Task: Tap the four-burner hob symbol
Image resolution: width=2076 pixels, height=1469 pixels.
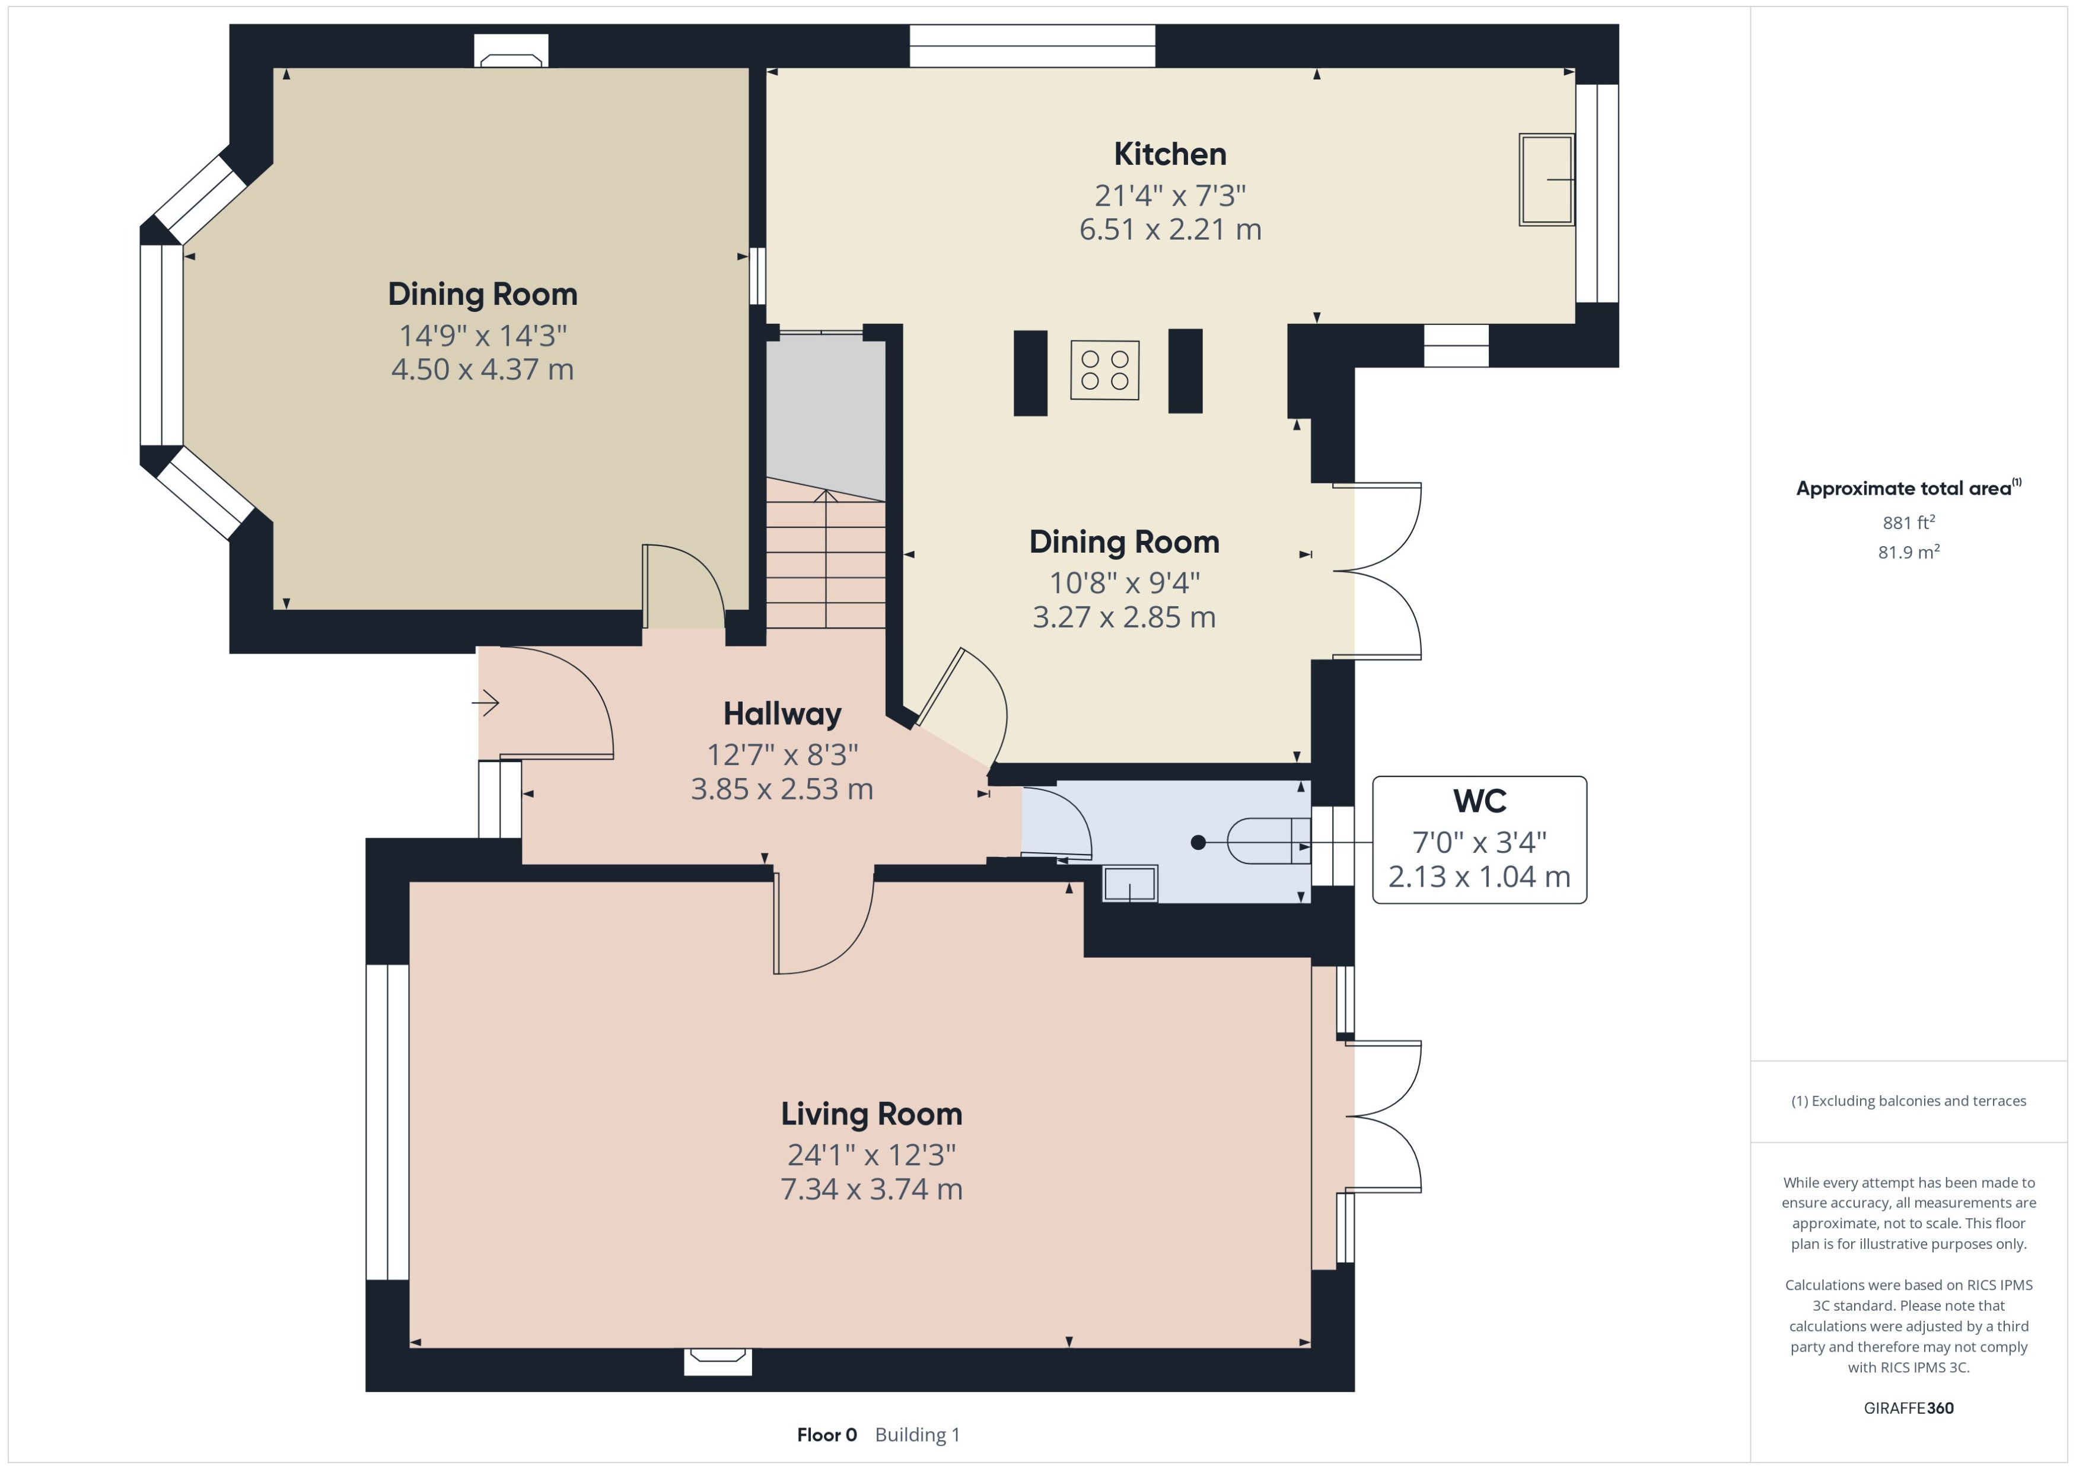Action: [1104, 370]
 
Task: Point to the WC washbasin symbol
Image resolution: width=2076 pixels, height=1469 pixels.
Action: [1129, 883]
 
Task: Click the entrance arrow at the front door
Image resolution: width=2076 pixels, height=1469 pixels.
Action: [486, 702]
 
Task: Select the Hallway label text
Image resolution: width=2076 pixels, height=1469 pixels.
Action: [782, 713]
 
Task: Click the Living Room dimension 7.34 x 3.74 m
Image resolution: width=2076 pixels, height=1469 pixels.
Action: [871, 1188]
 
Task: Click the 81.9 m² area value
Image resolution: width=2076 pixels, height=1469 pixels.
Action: [1908, 552]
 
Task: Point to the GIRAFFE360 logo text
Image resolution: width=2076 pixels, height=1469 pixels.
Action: [1908, 1407]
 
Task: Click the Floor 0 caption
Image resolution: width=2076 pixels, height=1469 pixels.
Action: [826, 1435]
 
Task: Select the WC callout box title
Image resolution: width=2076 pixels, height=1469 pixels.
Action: [1479, 801]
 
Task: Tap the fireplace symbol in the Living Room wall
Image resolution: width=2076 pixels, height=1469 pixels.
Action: [717, 1359]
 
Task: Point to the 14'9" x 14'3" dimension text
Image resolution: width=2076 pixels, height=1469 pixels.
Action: [482, 336]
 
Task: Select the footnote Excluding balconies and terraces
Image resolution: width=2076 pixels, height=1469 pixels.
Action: [1908, 1101]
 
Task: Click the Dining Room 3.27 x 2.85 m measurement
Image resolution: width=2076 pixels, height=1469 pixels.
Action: [1123, 617]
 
